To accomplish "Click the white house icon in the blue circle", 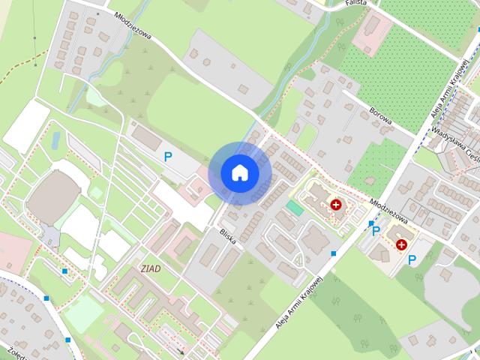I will (239, 172).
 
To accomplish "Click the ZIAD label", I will (150, 268).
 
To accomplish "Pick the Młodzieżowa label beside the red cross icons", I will (388, 211).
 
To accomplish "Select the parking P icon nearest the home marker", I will (168, 157).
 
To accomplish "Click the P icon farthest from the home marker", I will (412, 259).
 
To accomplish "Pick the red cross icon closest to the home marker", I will (335, 204).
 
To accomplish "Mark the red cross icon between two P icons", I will (401, 244).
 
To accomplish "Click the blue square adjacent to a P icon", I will (370, 223).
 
